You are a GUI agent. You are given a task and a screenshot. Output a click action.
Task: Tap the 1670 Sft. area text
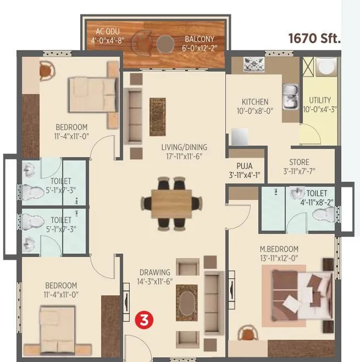tap(315, 38)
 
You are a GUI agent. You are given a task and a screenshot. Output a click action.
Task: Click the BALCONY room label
tap(200, 39)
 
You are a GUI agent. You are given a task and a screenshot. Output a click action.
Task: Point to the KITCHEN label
tap(255, 102)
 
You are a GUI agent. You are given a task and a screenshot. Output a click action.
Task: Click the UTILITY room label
tap(320, 100)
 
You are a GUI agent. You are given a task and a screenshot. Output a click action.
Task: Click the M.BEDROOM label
tap(279, 249)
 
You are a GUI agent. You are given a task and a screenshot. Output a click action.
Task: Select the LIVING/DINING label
tap(184, 147)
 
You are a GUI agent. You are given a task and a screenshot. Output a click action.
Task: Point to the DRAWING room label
tap(154, 272)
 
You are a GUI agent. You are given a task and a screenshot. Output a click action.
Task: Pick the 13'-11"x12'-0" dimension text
tap(279, 258)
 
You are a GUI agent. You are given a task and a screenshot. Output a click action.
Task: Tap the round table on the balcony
tap(164, 43)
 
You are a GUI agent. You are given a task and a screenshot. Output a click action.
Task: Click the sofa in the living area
tap(133, 115)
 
